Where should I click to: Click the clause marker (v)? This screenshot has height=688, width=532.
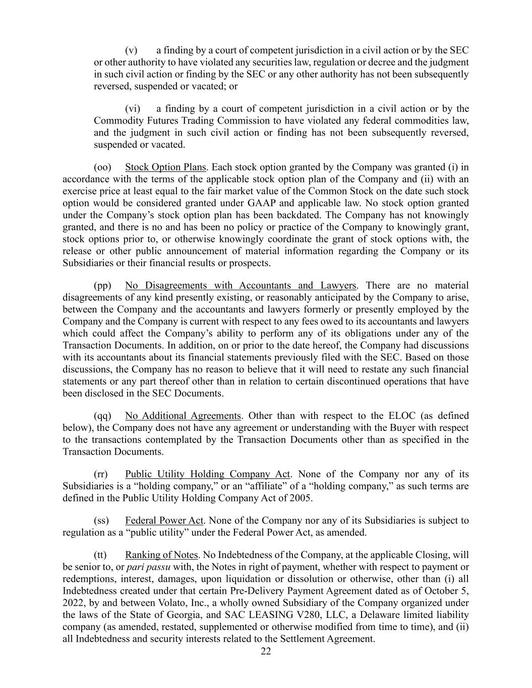[x=131, y=50]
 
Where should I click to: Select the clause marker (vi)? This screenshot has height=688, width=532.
[x=132, y=109]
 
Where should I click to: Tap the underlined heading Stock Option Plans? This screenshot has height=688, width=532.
[x=165, y=167]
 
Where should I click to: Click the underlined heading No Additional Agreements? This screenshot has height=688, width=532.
[x=183, y=416]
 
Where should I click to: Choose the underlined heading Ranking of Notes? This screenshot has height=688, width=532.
[x=161, y=555]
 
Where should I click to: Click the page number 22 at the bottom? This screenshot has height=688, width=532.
[x=266, y=651]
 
